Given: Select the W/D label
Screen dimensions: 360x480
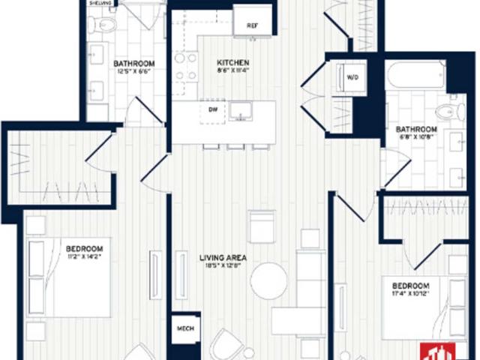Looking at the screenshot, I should click(352, 76).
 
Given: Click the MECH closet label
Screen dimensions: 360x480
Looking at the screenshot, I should click(185, 328).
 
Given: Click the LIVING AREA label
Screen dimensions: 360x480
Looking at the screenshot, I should click(223, 258).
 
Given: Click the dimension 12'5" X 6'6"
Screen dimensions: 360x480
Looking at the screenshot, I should click(134, 72).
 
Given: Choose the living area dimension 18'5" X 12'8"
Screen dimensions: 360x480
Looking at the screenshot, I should click(223, 268).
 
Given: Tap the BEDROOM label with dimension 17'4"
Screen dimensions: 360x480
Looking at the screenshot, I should click(409, 286).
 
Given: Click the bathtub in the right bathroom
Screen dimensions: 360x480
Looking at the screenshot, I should click(415, 76).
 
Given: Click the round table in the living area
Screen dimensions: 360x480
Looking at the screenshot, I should click(268, 281).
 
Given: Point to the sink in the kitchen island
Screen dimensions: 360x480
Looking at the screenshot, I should click(241, 111).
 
